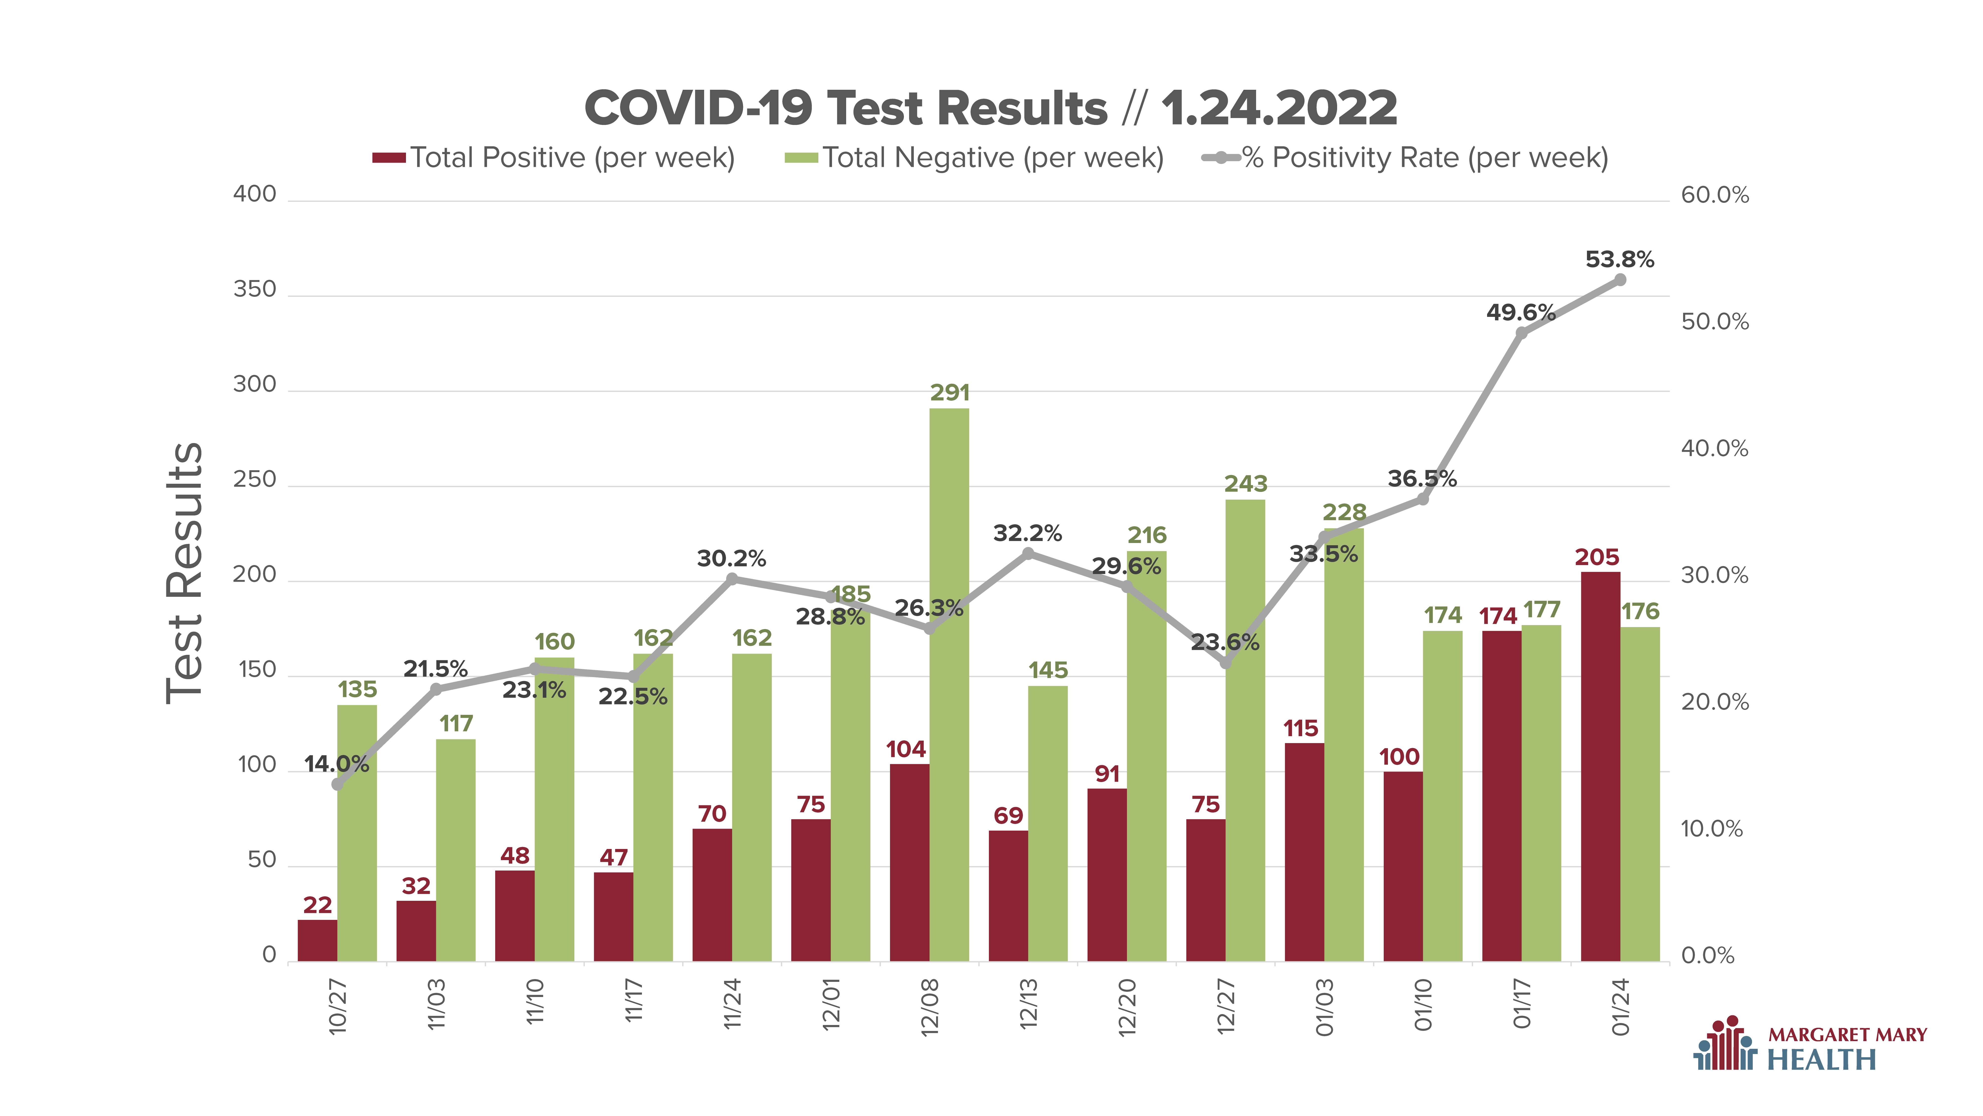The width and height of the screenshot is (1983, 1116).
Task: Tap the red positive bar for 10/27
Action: click(317, 940)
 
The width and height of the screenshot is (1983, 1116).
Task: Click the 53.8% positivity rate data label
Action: click(1620, 260)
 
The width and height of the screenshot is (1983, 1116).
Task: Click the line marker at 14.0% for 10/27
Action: click(337, 784)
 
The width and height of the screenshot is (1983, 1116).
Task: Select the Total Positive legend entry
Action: click(553, 158)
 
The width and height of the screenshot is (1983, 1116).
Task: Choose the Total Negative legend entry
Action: click(974, 158)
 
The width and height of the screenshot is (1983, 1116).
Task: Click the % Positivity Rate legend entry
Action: click(1405, 158)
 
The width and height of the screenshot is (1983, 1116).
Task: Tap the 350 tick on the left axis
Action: click(255, 290)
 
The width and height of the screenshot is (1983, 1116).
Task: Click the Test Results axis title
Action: click(185, 573)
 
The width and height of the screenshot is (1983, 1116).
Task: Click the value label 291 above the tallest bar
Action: click(950, 393)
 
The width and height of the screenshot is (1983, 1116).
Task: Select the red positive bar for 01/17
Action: click(1502, 796)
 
